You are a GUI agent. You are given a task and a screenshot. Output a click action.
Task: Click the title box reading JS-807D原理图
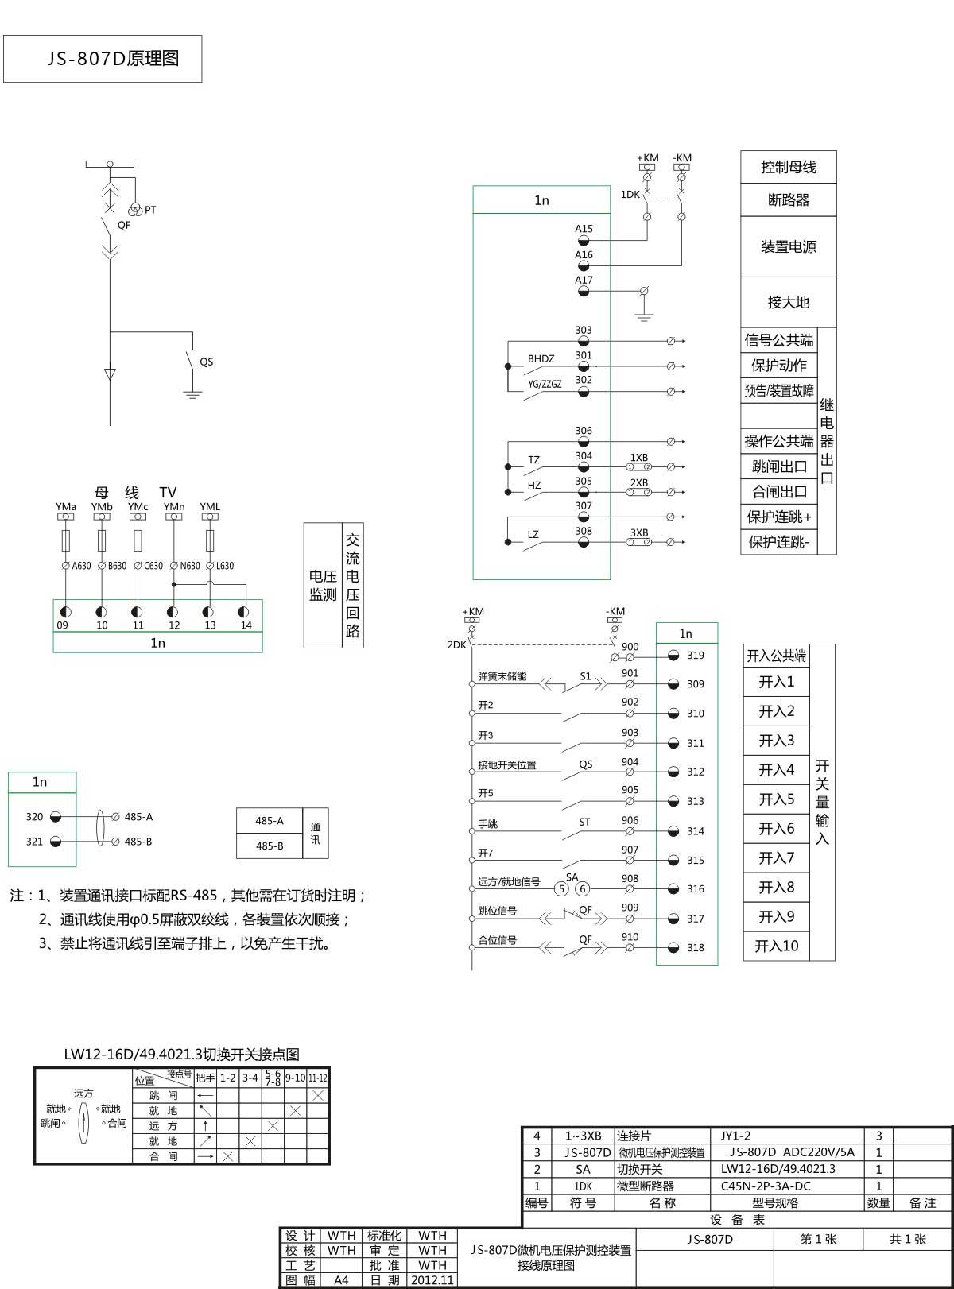coord(103,59)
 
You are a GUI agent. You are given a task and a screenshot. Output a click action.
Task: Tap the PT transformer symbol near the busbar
coord(135,209)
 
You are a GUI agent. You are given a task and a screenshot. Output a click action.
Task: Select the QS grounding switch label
coord(207,362)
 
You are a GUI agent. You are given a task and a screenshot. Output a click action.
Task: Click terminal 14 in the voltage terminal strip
coord(243,612)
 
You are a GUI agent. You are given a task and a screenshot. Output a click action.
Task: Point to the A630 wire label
coord(81,566)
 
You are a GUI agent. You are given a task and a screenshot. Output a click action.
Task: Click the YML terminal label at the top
coord(210,507)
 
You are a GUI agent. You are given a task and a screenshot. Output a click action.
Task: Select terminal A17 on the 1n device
coord(584,291)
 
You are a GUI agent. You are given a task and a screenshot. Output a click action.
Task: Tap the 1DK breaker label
coord(630,194)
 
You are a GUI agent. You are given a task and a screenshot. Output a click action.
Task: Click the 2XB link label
coord(639,483)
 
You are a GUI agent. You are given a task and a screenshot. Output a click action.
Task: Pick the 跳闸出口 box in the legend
coord(779,466)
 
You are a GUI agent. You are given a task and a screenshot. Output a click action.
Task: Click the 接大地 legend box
coord(789,302)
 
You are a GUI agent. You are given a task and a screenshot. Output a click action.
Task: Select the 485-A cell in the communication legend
coord(270,821)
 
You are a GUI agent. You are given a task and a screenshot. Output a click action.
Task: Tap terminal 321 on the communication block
coord(56,842)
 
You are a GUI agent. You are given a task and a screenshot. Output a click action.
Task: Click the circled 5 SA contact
coord(561,888)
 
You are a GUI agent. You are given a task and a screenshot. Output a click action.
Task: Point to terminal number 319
coord(696,655)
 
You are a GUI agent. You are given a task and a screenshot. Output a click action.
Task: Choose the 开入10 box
coord(776,946)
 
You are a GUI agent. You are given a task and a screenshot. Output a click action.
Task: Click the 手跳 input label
coord(488,823)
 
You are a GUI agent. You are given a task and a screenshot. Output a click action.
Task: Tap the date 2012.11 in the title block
coord(432,1279)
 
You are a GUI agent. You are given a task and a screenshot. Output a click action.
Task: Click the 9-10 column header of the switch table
coord(295,1078)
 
